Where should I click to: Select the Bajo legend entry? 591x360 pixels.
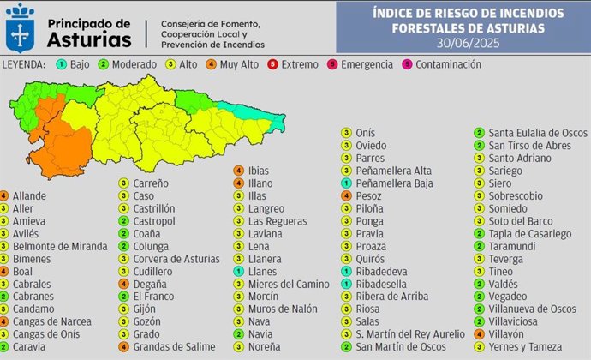tap(75, 64)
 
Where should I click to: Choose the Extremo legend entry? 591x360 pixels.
tap(295, 64)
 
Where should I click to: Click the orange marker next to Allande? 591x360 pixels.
tap(4, 196)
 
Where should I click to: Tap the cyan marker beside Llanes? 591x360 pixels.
tap(239, 271)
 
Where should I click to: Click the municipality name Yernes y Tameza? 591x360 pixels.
tap(523, 347)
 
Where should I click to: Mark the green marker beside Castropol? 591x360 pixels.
tap(124, 221)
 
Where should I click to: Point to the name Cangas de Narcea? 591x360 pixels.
tap(52, 322)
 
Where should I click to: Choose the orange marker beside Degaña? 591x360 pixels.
tap(124, 284)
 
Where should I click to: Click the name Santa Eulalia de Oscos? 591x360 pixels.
tap(538, 133)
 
